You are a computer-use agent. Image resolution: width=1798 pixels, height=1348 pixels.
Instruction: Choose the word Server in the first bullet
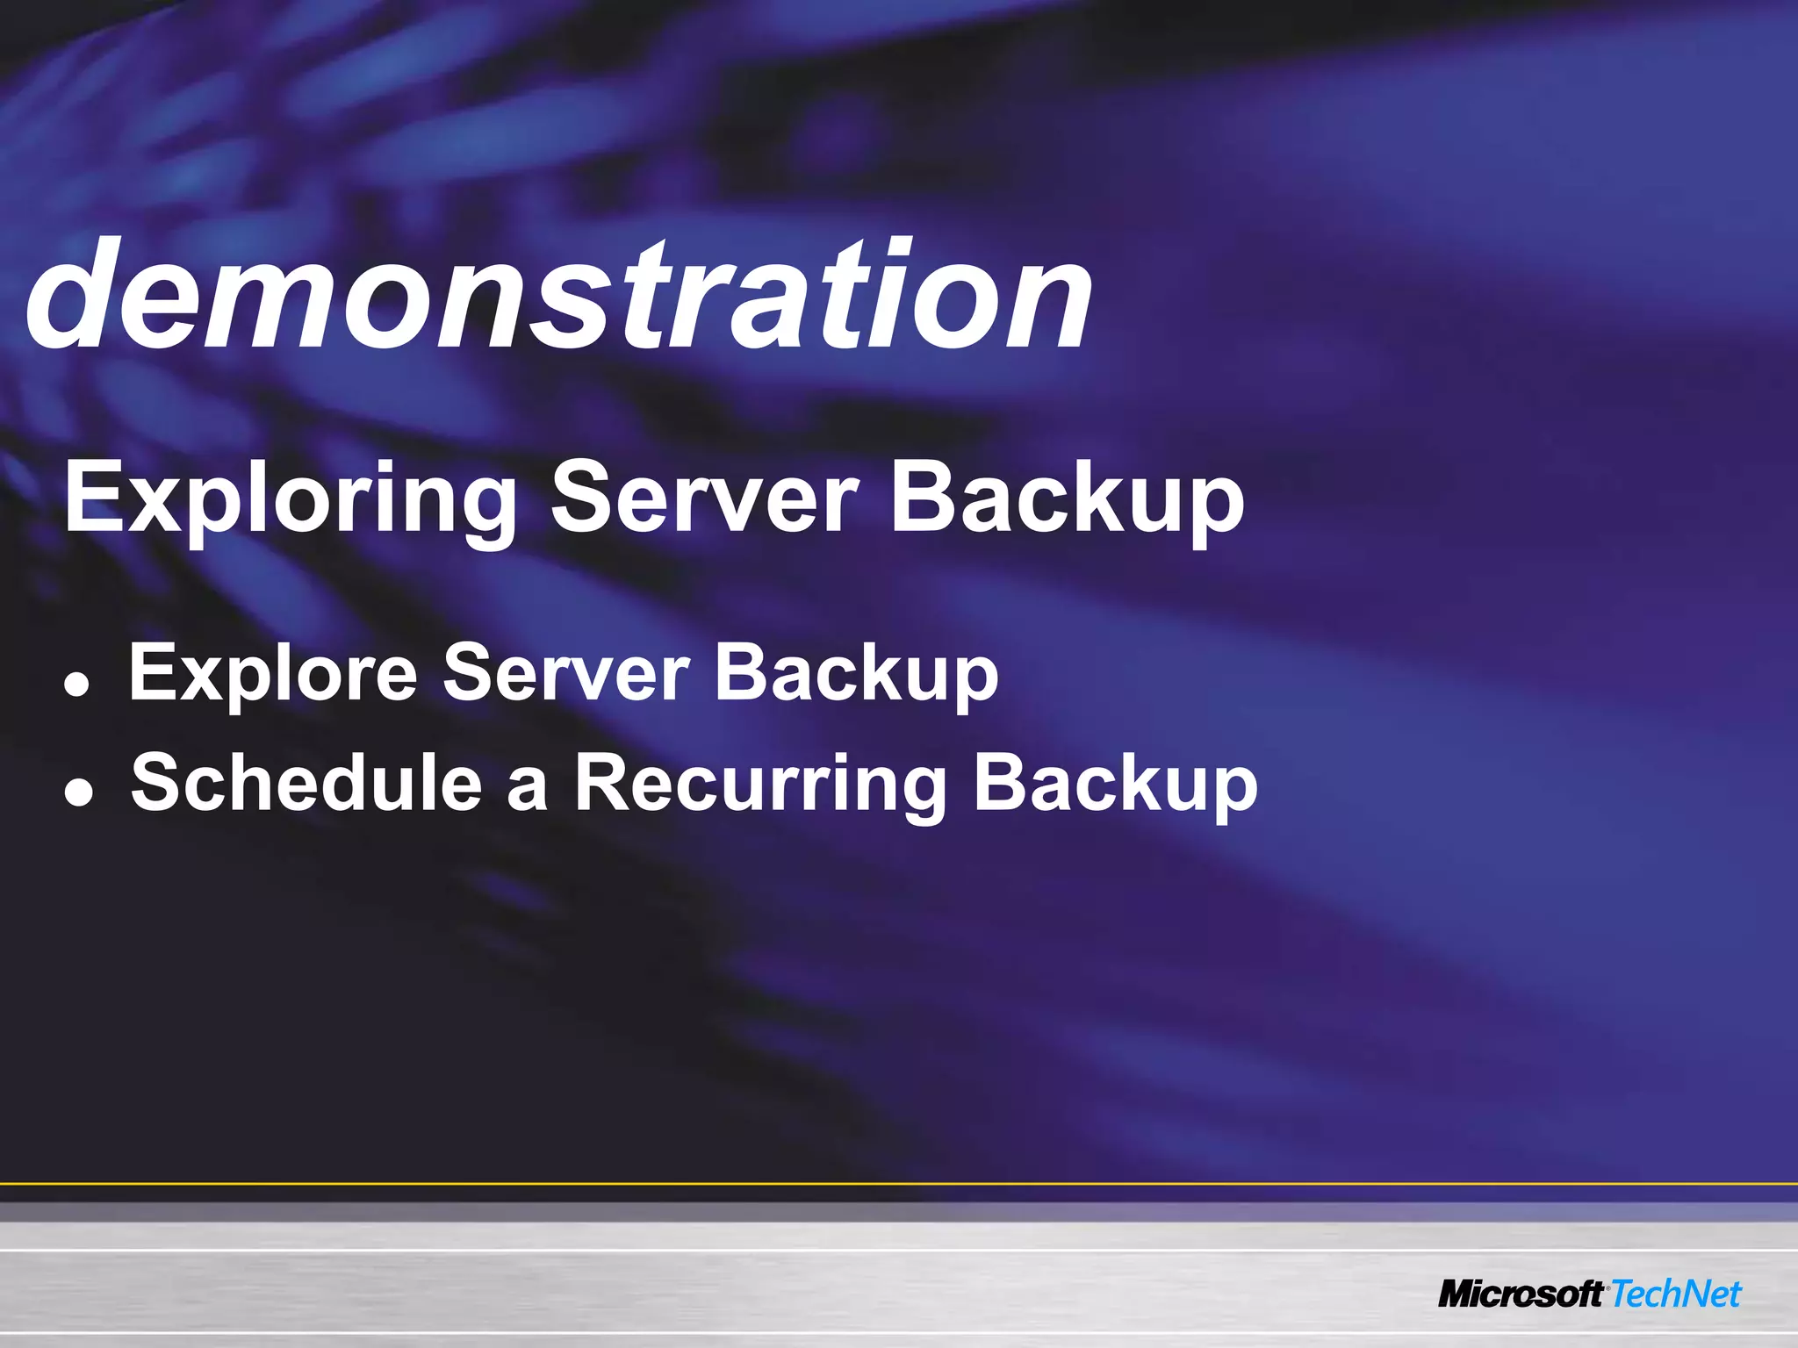tap(566, 672)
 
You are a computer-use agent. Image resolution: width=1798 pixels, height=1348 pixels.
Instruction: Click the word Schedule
tap(306, 782)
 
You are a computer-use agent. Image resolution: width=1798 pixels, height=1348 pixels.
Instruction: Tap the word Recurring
tap(760, 784)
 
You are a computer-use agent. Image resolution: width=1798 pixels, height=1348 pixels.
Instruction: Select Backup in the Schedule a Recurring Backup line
tap(1115, 784)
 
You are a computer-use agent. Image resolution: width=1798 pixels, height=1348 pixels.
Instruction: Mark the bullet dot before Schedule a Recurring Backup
tap(78, 794)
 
